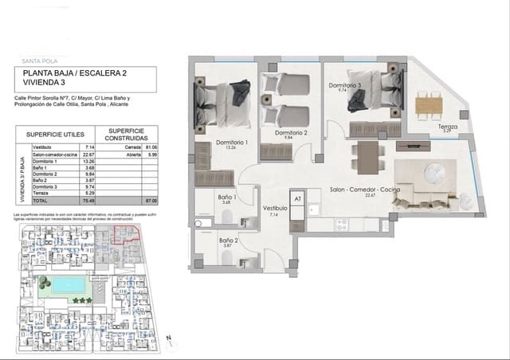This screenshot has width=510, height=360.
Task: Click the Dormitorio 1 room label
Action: pyautogui.click(x=233, y=143)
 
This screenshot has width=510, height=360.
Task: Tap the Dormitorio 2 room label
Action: pyautogui.click(x=291, y=133)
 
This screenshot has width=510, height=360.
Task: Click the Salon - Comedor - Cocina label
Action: pyautogui.click(x=364, y=191)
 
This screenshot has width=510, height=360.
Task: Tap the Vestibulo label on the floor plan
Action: pyautogui.click(x=276, y=209)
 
